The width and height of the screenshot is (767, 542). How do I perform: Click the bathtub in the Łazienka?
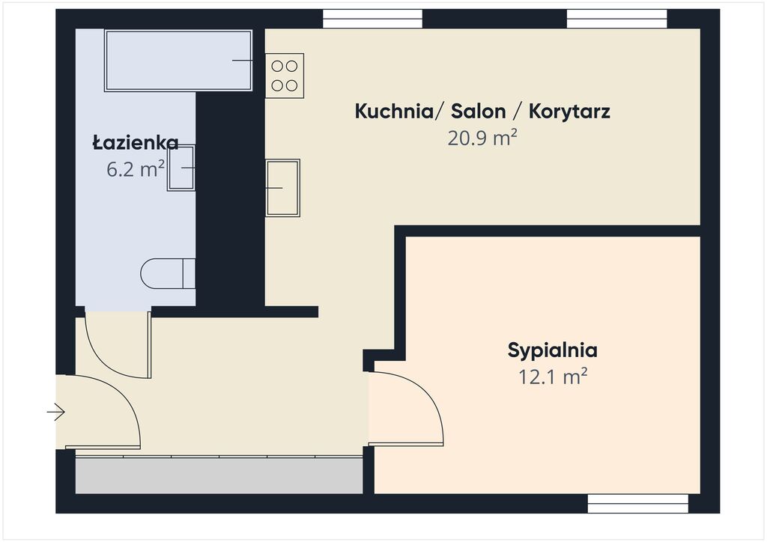pyautogui.click(x=178, y=61)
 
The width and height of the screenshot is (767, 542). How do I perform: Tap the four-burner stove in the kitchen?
pyautogui.click(x=285, y=76)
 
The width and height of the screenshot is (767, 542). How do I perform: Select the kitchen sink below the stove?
pyautogui.click(x=282, y=188)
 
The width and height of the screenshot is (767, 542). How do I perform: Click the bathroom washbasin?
pyautogui.click(x=181, y=168)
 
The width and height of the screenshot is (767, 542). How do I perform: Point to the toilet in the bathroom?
pyautogui.click(x=168, y=274)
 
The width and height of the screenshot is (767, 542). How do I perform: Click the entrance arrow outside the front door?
pyautogui.click(x=55, y=412)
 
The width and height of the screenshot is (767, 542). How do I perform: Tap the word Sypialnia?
pyautogui.click(x=552, y=351)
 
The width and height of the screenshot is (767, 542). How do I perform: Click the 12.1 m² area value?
pyautogui.click(x=553, y=377)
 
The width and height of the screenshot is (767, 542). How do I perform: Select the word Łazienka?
pyautogui.click(x=136, y=143)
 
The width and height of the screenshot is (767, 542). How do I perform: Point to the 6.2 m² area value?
pyautogui.click(x=136, y=169)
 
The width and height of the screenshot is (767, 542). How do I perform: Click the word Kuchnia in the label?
pyautogui.click(x=394, y=111)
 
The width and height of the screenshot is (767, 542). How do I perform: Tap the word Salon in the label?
pyautogui.click(x=478, y=111)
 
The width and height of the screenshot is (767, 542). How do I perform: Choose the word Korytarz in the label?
pyautogui.click(x=569, y=112)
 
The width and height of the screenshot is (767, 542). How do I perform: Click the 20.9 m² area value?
pyautogui.click(x=482, y=138)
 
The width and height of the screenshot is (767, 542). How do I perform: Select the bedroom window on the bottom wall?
pyautogui.click(x=638, y=503)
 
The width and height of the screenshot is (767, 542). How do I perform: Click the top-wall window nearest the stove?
pyautogui.click(x=373, y=19)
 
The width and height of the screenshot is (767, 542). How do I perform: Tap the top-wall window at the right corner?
pyautogui.click(x=617, y=19)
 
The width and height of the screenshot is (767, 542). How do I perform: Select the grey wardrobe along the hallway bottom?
pyautogui.click(x=219, y=475)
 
